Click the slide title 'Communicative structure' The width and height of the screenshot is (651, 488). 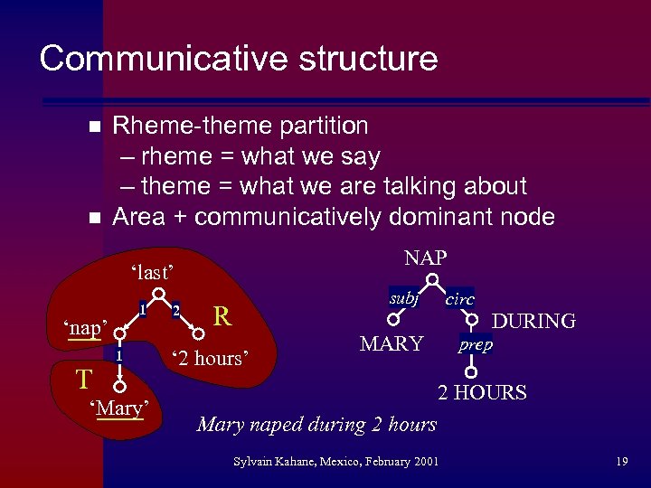pyautogui.click(x=239, y=59)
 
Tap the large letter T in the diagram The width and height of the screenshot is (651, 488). pyautogui.click(x=82, y=375)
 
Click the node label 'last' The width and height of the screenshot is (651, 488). pyautogui.click(x=152, y=272)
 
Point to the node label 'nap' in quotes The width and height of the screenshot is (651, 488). pyautogui.click(x=85, y=327)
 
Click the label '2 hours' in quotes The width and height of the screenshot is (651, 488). pyautogui.click(x=209, y=358)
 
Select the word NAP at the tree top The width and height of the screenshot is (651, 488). pyautogui.click(x=426, y=258)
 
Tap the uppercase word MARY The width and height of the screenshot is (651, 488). pyautogui.click(x=392, y=343)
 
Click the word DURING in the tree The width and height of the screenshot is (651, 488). pyautogui.click(x=533, y=321)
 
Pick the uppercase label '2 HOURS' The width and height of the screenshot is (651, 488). pyautogui.click(x=482, y=392)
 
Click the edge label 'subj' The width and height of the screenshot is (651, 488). pyautogui.click(x=403, y=297)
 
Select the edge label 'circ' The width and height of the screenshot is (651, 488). pyautogui.click(x=460, y=299)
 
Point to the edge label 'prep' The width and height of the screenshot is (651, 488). pyautogui.click(x=475, y=345)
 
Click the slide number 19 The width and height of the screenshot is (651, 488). pyautogui.click(x=621, y=462)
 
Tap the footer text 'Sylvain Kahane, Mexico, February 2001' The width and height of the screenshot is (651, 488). pyautogui.click(x=335, y=462)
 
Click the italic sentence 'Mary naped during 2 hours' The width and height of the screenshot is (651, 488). pyautogui.click(x=316, y=424)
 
